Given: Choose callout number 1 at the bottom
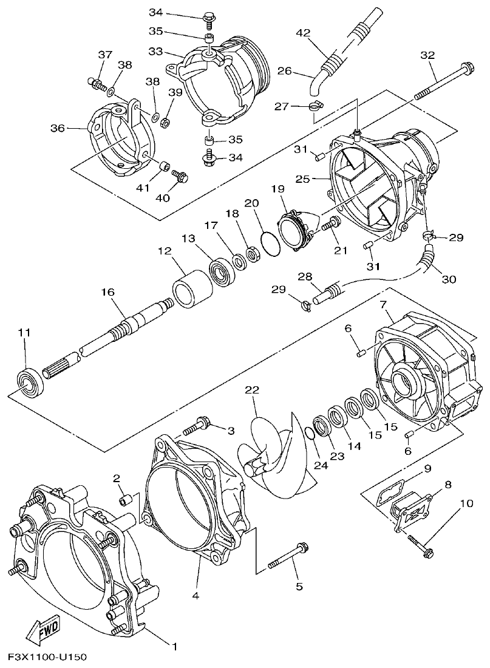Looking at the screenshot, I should pos(174,645).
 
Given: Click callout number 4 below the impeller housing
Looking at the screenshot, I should pos(196,596).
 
